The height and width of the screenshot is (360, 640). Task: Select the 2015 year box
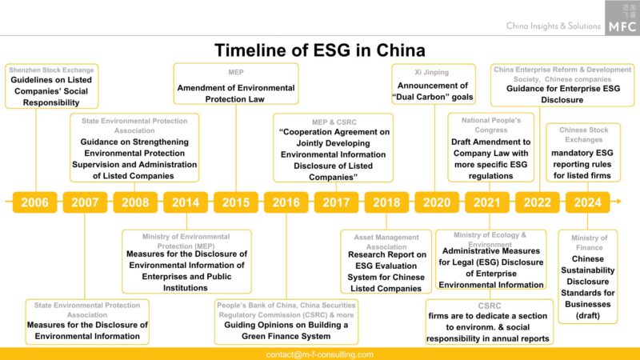tap(236, 202)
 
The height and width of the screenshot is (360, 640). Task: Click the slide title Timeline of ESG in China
tap(320, 51)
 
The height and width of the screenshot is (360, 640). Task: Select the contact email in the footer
tap(320, 354)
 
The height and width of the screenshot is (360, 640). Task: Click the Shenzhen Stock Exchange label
tap(53, 70)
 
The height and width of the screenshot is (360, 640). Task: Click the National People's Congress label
tap(480, 125)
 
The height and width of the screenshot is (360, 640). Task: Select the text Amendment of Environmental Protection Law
tap(236, 93)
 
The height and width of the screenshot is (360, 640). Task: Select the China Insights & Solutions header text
tap(553, 26)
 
